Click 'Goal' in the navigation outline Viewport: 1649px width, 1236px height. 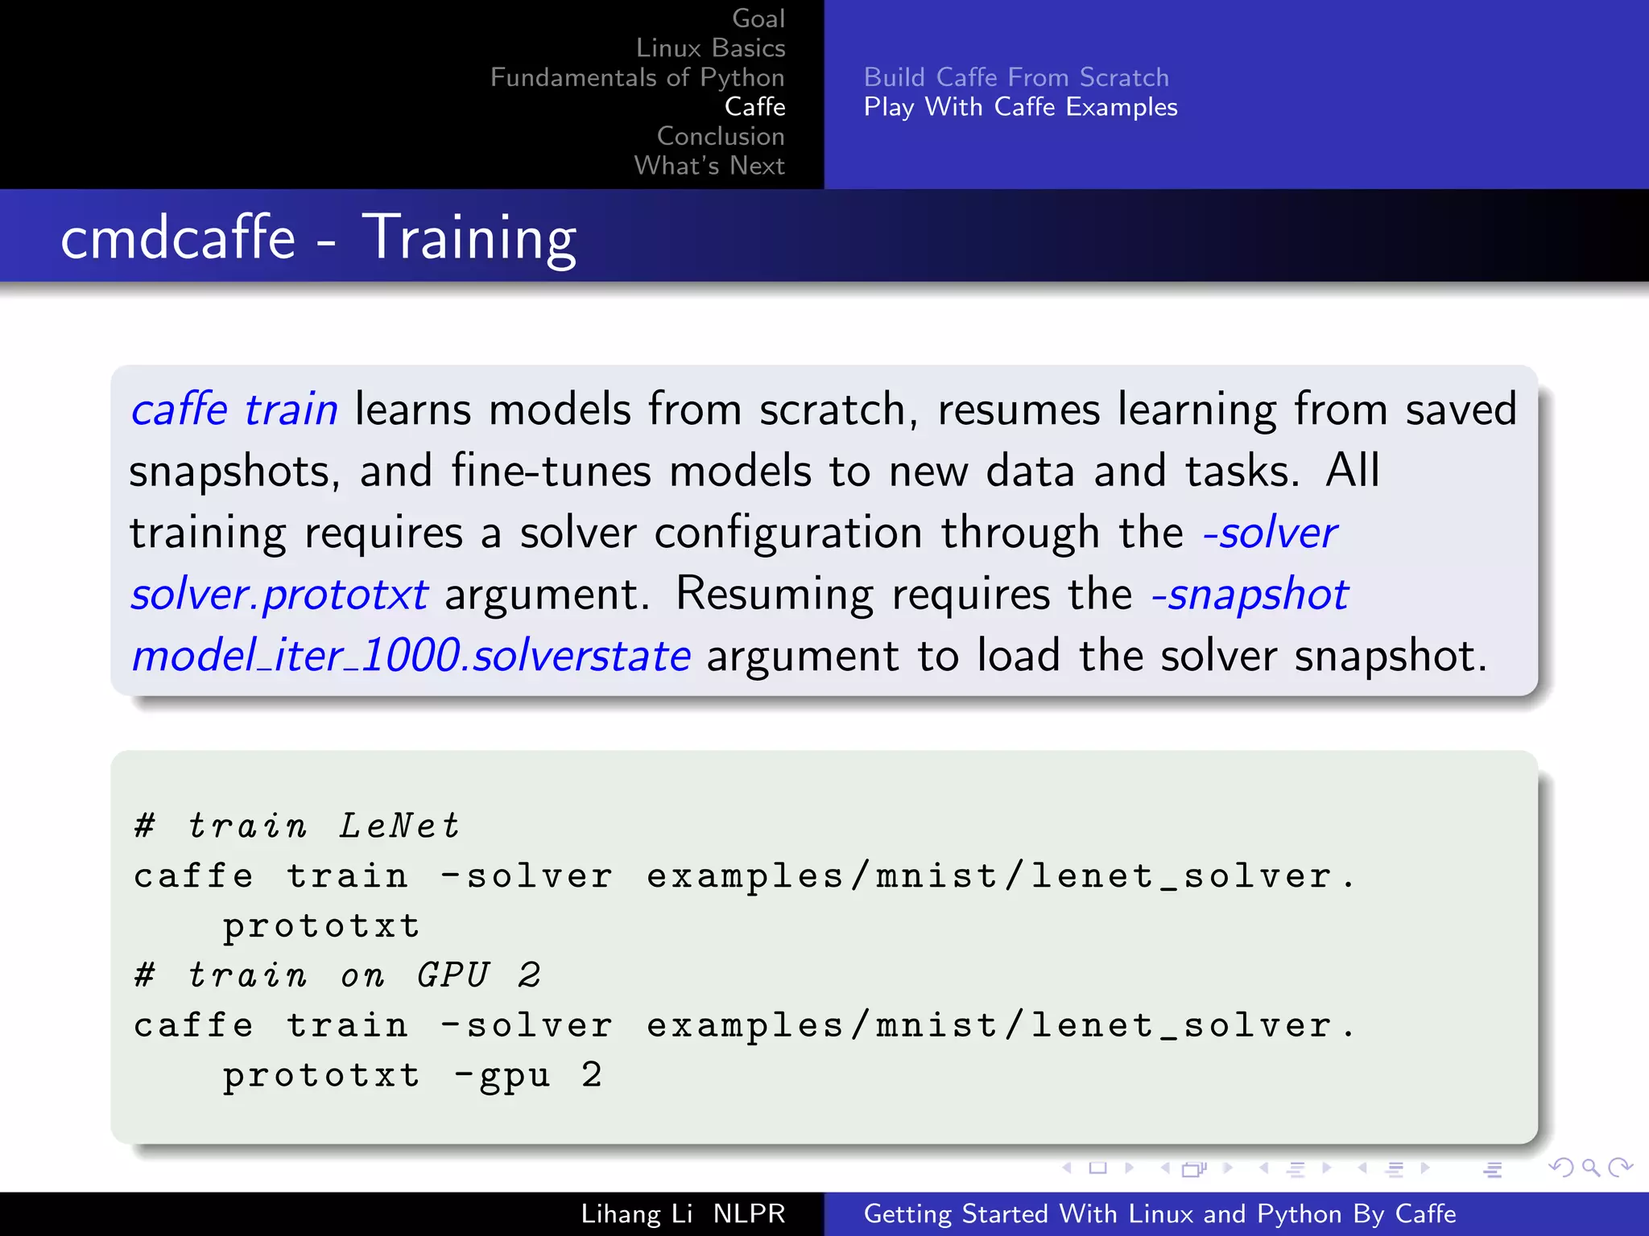pos(758,19)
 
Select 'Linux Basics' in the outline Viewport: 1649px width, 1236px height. pos(710,48)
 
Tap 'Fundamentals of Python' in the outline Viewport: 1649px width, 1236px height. pos(637,77)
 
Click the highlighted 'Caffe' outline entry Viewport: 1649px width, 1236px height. pos(754,106)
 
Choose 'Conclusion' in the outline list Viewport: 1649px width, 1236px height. pos(720,136)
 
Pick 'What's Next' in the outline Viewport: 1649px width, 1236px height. pos(709,166)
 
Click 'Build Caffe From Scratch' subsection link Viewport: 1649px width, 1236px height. pos(1016,77)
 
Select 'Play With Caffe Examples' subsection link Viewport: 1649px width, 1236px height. pos(1020,107)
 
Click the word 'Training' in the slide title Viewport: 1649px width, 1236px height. pos(469,238)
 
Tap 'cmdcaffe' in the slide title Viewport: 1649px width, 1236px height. pos(178,238)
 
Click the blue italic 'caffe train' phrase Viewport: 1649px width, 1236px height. pos(234,410)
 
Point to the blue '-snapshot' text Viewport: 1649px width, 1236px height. pos(1250,595)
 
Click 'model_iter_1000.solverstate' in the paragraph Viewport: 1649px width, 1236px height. pos(411,656)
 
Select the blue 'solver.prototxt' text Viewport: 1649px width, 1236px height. pos(279,595)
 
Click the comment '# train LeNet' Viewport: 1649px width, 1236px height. pos(297,826)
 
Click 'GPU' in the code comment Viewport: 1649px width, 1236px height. pos(453,976)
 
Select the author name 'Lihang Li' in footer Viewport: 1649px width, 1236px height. pos(636,1213)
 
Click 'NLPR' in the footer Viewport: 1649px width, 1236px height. pos(749,1213)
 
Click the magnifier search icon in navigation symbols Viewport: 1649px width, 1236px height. pos(1590,1168)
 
